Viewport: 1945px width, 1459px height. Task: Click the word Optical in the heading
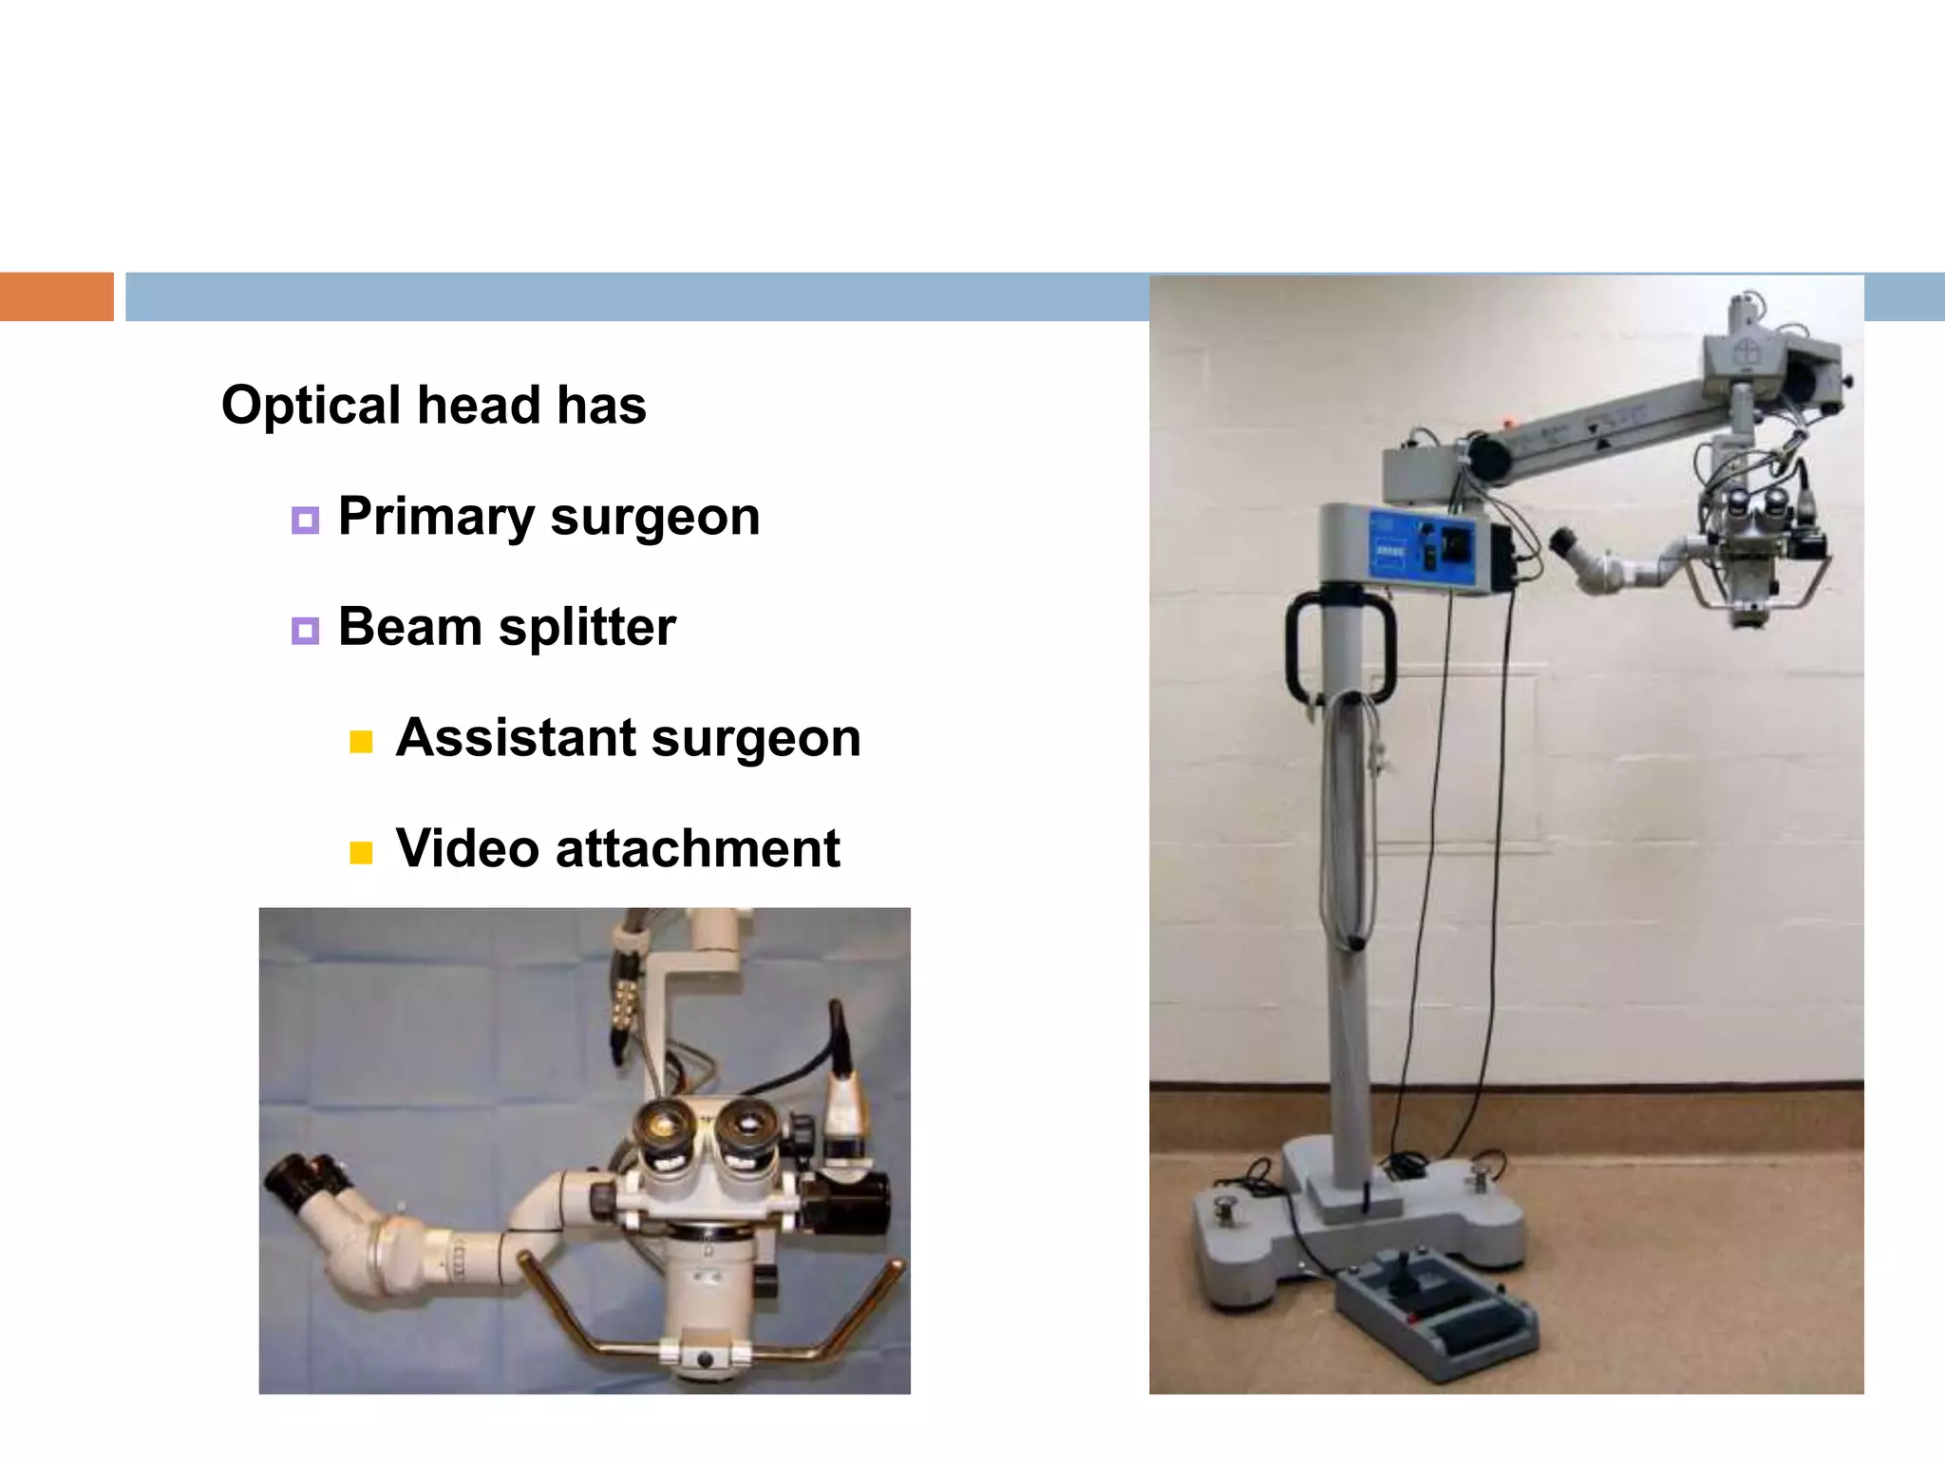312,406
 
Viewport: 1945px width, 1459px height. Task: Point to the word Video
466,848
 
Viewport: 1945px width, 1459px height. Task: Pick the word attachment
697,848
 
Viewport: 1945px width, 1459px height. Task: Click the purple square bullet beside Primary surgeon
305,520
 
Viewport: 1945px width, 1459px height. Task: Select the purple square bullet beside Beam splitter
305,631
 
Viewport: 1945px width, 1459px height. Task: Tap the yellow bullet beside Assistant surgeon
361,742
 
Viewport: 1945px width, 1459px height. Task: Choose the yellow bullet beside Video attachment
361,852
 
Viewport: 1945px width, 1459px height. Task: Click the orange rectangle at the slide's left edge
56,296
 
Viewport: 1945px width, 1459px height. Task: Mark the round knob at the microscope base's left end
1225,1209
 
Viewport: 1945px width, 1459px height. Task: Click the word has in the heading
601,406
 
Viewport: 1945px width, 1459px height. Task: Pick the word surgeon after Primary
654,517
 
